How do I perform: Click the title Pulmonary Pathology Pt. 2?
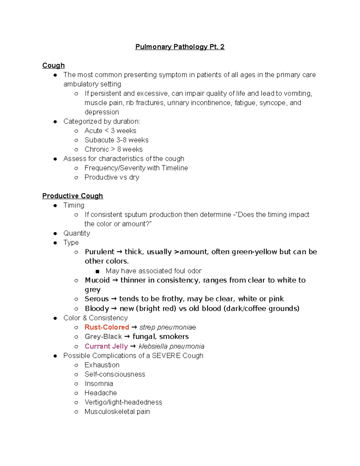tap(180, 47)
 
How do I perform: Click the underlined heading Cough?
tap(53, 65)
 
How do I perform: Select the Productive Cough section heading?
tap(73, 196)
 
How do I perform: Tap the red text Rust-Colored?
tap(107, 327)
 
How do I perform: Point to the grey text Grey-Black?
tap(103, 337)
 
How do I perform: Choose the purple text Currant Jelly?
tap(106, 346)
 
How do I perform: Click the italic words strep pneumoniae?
tap(167, 327)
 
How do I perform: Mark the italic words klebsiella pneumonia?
tap(171, 346)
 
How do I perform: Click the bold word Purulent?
tap(99, 252)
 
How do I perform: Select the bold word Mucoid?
tap(97, 280)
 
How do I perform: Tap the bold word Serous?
tap(97, 299)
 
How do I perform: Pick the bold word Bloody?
tap(97, 308)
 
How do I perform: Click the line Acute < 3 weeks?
tap(110, 131)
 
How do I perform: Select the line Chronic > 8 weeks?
tap(113, 149)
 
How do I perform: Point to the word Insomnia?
tap(99, 384)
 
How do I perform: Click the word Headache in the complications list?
tap(100, 393)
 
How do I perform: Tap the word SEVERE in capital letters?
tap(166, 356)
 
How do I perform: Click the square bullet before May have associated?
tap(97, 271)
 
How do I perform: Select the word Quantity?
tap(76, 233)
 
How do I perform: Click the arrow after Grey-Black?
tap(127, 337)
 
